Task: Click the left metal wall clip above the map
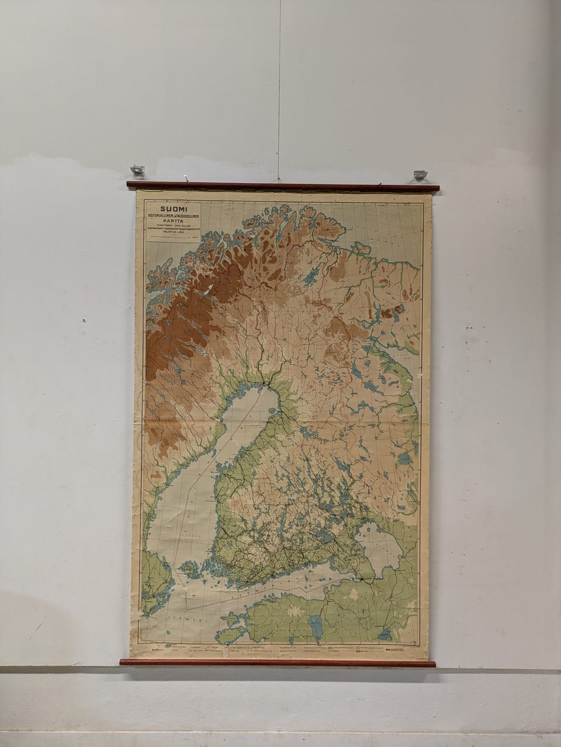coord(137,170)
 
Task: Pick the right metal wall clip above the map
coord(420,174)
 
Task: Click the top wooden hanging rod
coord(282,187)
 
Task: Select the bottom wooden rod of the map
coord(278,663)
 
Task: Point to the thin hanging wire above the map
coord(279,88)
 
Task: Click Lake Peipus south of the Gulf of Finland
coord(316,624)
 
